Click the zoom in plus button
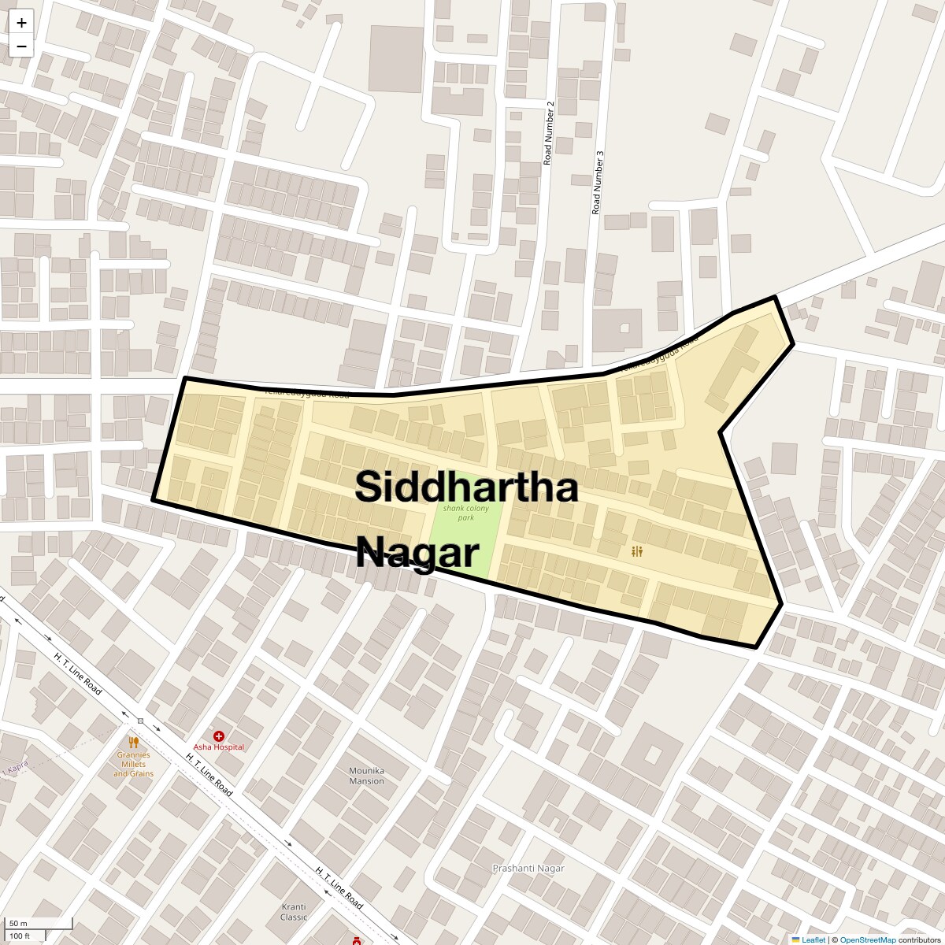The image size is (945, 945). point(21,23)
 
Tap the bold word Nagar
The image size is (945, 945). point(417,553)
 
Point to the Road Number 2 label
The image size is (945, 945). point(549,133)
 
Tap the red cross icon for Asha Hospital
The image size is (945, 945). point(219,736)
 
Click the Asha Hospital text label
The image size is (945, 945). point(219,747)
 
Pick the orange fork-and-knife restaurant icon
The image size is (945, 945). point(134,742)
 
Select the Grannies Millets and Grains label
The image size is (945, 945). point(132,764)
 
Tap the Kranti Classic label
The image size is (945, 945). point(294,911)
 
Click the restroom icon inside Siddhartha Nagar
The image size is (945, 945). point(637,552)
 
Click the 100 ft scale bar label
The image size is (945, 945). point(20,936)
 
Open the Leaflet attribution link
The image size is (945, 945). point(813,939)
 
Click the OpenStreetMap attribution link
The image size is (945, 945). point(867,939)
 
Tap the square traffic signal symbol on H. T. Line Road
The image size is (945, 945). point(141,721)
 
